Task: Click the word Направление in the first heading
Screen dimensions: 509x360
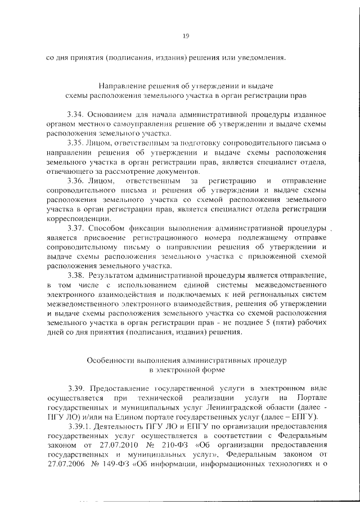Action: click(x=120, y=87)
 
